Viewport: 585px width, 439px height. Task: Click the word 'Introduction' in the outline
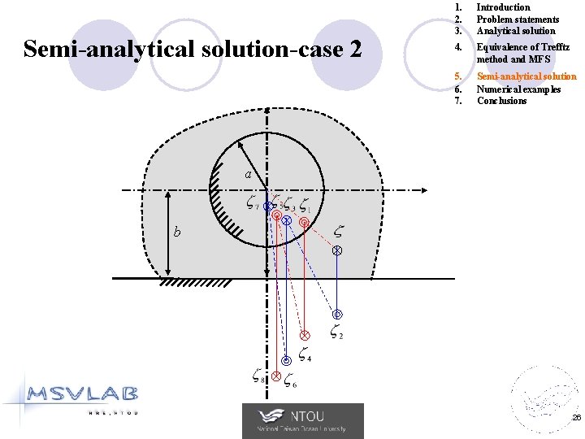click(503, 7)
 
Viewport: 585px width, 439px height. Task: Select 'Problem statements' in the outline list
click(518, 20)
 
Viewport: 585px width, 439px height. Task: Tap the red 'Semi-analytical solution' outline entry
click(526, 76)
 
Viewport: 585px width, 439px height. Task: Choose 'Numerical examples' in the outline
click(518, 89)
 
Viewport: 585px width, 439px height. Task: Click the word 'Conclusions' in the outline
click(501, 101)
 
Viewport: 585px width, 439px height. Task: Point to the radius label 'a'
click(251, 175)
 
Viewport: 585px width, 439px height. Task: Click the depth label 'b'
click(177, 233)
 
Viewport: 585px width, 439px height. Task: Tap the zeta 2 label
click(336, 332)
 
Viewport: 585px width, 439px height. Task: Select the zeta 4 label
click(305, 354)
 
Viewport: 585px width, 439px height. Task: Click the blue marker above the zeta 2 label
click(337, 315)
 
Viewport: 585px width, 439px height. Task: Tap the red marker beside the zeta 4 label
click(305, 335)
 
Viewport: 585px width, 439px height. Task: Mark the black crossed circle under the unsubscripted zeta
click(337, 252)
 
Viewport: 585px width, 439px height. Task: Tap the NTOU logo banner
click(302, 421)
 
